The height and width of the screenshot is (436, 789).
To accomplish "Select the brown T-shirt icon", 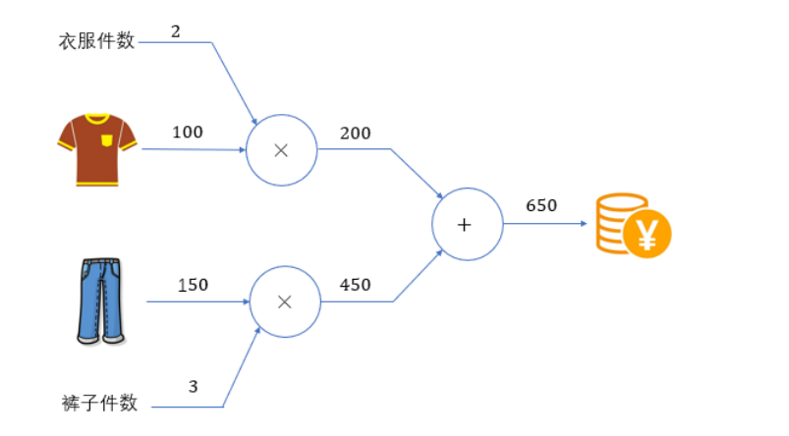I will pyautogui.click(x=95, y=149).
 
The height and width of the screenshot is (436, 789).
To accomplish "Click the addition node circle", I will pyautogui.click(x=467, y=224).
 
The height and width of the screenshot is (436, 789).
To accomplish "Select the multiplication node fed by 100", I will pyautogui.click(x=281, y=150).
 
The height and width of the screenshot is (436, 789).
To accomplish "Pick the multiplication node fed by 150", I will pyautogui.click(x=285, y=301).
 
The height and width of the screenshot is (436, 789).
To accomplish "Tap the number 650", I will pyautogui.click(x=541, y=206).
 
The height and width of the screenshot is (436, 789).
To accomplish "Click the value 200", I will pyautogui.click(x=355, y=133).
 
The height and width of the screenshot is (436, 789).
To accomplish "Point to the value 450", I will pyautogui.click(x=355, y=285).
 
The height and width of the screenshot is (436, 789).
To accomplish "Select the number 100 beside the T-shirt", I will pyautogui.click(x=188, y=132).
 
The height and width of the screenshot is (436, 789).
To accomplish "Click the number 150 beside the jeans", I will pyautogui.click(x=193, y=285).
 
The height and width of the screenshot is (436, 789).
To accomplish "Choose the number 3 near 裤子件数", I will pyautogui.click(x=193, y=386).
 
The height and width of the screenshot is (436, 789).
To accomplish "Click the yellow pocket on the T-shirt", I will pyautogui.click(x=106, y=139).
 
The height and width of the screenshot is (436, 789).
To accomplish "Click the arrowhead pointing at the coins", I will pyautogui.click(x=584, y=224).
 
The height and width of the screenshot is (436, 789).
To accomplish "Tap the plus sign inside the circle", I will pyautogui.click(x=466, y=225).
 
